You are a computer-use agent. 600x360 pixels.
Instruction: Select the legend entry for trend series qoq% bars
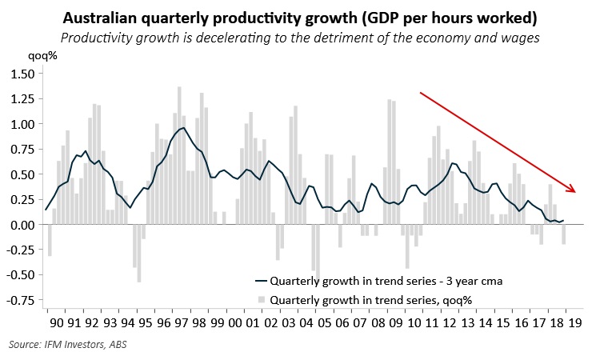(371, 300)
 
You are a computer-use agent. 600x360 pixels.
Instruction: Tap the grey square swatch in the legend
(261, 300)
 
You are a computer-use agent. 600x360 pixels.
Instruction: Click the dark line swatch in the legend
(261, 282)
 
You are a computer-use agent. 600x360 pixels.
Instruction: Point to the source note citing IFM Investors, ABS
(68, 345)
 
